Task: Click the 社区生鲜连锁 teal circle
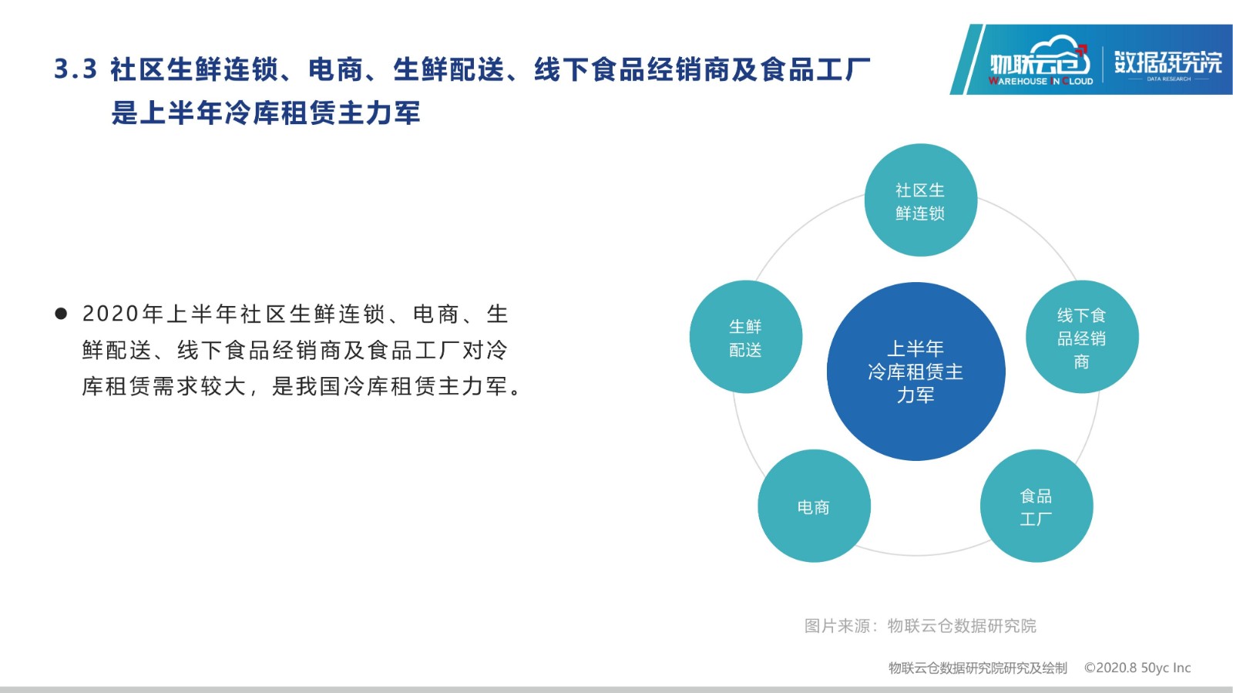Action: [921, 200]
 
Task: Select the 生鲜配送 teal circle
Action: [746, 337]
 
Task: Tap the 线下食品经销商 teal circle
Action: [1082, 337]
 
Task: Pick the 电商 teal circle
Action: [814, 506]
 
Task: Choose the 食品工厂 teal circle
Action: [1036, 506]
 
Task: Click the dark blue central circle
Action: [916, 372]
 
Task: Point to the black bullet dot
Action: [61, 314]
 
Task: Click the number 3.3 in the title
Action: [76, 70]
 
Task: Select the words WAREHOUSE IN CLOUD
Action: [1041, 81]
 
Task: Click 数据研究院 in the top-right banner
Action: [1168, 62]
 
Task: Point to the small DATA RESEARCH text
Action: [1168, 79]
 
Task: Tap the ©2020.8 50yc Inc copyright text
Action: [1137, 668]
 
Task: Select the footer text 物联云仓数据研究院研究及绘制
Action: [978, 668]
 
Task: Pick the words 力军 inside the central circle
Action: [916, 395]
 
